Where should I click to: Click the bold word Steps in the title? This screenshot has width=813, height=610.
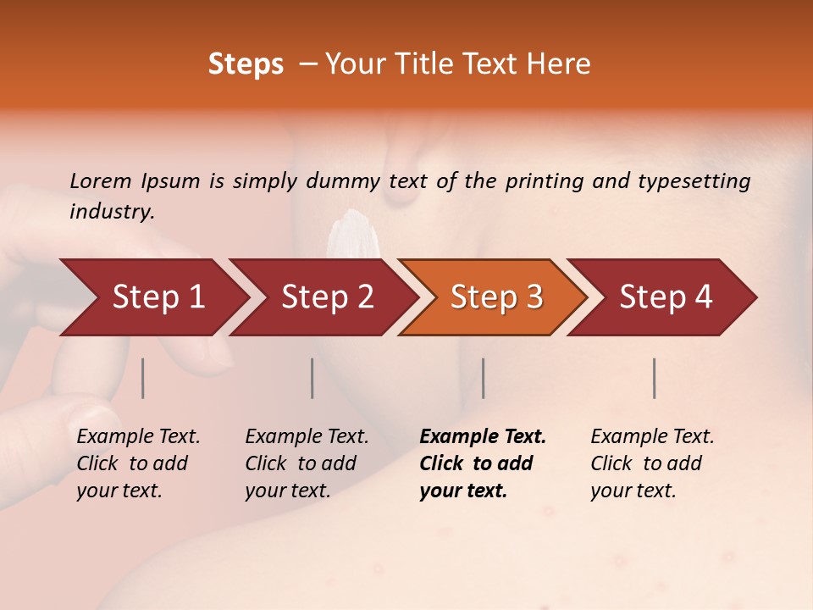(x=246, y=64)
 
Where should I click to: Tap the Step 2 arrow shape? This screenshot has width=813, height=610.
(x=327, y=297)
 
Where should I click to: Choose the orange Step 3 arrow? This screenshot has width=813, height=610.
(x=496, y=297)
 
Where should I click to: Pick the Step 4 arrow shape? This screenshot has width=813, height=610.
(x=666, y=297)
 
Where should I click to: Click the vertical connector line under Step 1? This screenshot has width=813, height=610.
(x=143, y=378)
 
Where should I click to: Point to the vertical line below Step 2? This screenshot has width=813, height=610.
(x=312, y=378)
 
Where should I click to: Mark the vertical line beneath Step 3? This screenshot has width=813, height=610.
(x=483, y=378)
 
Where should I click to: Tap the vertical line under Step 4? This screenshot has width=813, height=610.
(x=654, y=378)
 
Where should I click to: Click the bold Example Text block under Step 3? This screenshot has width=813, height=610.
(x=482, y=463)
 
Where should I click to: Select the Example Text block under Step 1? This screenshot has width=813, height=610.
(x=138, y=463)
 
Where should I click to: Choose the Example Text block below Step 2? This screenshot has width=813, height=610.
(x=307, y=463)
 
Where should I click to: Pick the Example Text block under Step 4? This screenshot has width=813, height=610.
(x=652, y=463)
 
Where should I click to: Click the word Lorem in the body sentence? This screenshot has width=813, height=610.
(x=101, y=180)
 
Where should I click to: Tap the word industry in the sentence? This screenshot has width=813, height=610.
(x=111, y=211)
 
